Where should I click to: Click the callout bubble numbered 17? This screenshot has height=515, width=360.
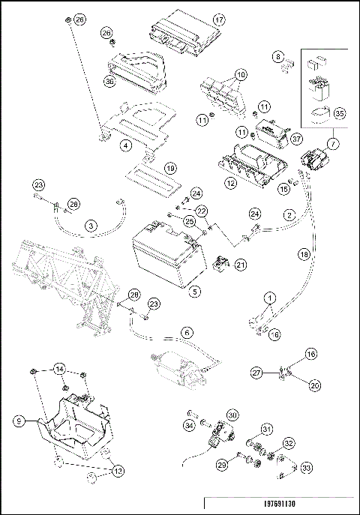[219, 19]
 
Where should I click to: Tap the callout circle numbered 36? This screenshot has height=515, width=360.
[109, 81]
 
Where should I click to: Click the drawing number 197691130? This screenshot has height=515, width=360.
[280, 504]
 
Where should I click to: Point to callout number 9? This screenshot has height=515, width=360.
[19, 421]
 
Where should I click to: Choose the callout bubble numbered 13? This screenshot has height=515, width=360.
[118, 471]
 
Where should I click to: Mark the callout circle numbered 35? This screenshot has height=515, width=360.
[340, 113]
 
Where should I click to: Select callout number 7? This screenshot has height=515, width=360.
[333, 143]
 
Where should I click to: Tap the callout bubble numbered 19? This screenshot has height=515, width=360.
[170, 169]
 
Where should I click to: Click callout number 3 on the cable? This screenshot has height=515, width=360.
[91, 226]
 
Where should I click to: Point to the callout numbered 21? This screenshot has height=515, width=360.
[241, 265]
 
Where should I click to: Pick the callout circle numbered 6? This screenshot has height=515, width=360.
[187, 333]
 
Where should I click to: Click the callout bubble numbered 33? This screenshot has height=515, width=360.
[306, 467]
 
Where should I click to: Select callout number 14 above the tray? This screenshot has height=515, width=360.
[59, 369]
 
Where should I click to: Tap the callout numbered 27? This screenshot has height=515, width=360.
[256, 373]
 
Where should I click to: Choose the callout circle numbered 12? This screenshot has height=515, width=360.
[231, 183]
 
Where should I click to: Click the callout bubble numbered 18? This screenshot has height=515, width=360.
[304, 254]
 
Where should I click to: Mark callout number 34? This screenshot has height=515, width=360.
[189, 426]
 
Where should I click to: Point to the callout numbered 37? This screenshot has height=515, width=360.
[296, 139]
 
